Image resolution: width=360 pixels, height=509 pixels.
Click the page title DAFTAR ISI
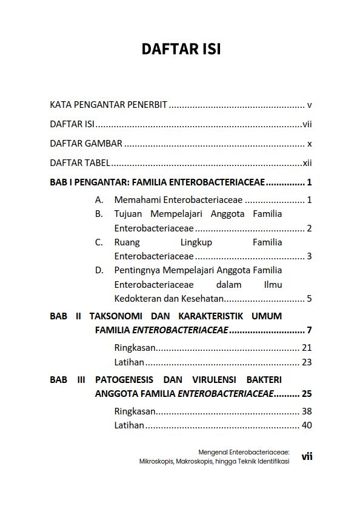pos(181,49)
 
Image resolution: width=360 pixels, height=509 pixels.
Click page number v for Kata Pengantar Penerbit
pos(309,105)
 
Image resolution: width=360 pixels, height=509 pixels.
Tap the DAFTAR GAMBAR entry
pos(86,144)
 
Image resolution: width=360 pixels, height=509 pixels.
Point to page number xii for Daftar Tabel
pos(307,163)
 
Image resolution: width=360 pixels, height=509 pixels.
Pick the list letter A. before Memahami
pos(99,199)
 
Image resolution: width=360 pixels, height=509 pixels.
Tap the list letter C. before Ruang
pos(99,242)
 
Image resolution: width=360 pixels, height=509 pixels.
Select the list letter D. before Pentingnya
pos(99,270)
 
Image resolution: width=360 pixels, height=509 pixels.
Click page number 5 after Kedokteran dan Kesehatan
pos(309,298)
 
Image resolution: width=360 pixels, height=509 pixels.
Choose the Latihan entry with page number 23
pos(129,362)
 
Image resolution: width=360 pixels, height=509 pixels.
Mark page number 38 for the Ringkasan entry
pos(307,411)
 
